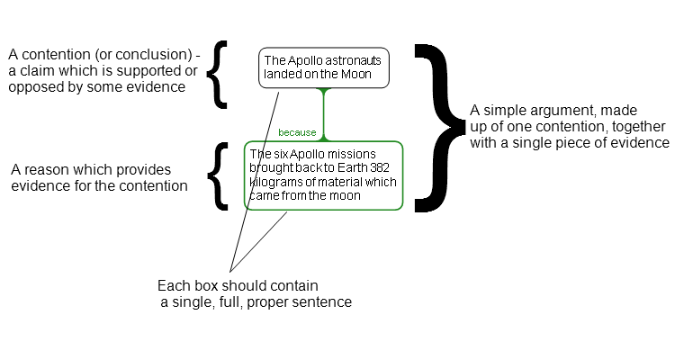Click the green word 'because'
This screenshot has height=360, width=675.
click(x=297, y=132)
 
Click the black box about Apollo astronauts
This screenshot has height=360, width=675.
click(x=324, y=67)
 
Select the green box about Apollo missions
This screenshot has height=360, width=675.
click(x=324, y=175)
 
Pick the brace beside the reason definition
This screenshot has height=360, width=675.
click(x=216, y=175)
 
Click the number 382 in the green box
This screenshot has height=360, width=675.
click(x=381, y=168)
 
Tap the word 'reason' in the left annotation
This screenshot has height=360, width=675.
click(x=43, y=169)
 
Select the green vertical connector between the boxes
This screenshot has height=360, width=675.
click(x=326, y=114)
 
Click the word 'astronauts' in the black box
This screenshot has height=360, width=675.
click(x=356, y=60)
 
